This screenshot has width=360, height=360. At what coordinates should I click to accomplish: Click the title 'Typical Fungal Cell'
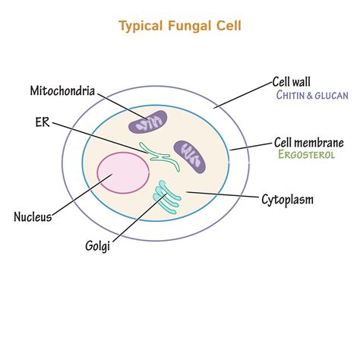pos(180,27)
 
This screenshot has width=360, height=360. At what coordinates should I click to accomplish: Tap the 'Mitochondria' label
pos(62,91)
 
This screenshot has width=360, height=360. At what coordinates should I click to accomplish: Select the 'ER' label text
pos(41,121)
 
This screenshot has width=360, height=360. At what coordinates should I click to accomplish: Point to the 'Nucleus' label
pos(33,217)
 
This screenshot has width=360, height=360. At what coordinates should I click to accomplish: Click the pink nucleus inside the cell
pos(122,173)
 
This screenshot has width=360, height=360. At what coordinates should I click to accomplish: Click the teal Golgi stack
pos(166,196)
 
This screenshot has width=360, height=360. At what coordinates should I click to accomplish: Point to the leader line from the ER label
pos(99,134)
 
